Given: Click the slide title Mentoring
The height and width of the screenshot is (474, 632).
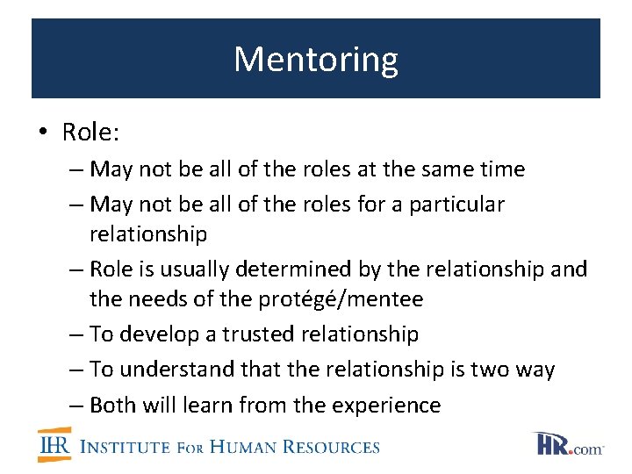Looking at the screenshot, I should tap(316, 59).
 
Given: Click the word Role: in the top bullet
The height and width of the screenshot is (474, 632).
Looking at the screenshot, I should tap(91, 133).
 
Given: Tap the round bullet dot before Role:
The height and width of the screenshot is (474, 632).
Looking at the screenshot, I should tap(43, 133).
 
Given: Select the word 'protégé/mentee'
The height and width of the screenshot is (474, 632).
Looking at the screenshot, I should tap(338, 299).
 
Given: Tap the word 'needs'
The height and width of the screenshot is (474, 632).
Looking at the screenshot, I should tap(158, 299).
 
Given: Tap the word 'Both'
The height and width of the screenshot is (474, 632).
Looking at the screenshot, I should tap(112, 405).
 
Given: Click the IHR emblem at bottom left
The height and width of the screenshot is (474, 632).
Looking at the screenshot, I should tap(54, 445).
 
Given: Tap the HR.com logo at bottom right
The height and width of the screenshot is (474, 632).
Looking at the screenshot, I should tap(567, 444).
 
